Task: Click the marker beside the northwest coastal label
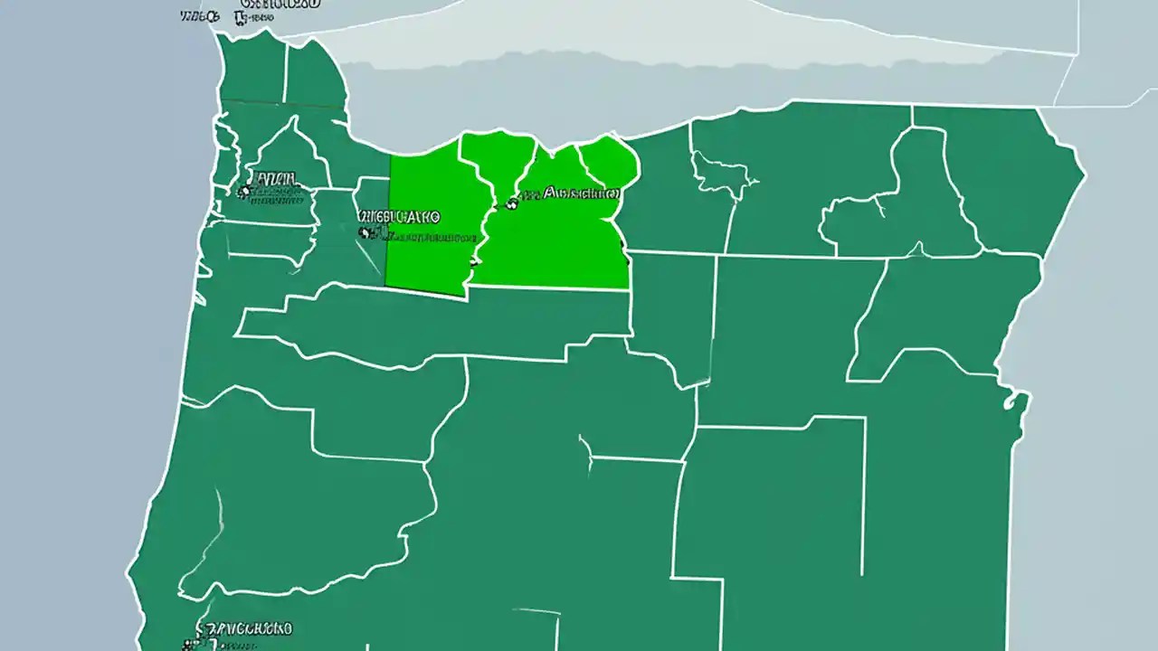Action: tap(242, 191)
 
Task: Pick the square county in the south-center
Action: tap(769, 497)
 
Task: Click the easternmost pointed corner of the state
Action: tap(1084, 172)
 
